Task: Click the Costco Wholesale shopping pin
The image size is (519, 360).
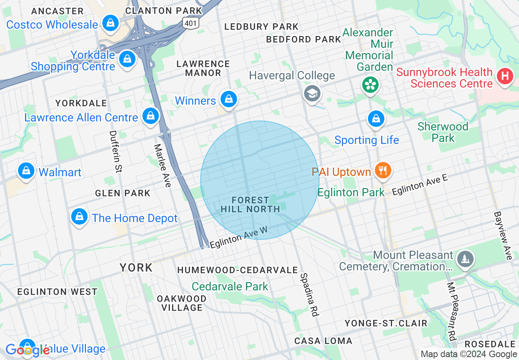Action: pyautogui.click(x=111, y=23)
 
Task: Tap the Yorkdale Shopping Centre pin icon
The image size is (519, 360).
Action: pyautogui.click(x=127, y=59)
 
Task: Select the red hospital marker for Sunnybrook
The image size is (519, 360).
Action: pyautogui.click(x=505, y=76)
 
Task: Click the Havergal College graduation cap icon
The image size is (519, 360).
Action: pyautogui.click(x=312, y=94)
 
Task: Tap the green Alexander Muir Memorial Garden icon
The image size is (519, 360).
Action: pyautogui.click(x=370, y=85)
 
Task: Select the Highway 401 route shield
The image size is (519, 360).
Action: pyautogui.click(x=191, y=23)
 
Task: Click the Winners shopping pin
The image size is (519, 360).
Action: pyautogui.click(x=228, y=99)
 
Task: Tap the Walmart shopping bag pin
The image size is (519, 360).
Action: pyautogui.click(x=26, y=171)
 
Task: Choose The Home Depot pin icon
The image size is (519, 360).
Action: pyautogui.click(x=79, y=217)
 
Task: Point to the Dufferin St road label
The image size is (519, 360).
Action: pyautogui.click(x=116, y=151)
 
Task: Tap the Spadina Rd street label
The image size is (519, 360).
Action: pyautogui.click(x=309, y=295)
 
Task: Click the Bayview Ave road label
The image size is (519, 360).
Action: pyautogui.click(x=503, y=235)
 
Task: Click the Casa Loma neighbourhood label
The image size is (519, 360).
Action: pyautogui.click(x=323, y=341)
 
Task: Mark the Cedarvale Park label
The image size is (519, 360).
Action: pyautogui.click(x=230, y=286)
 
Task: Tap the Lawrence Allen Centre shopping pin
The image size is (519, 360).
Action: pyautogui.click(x=151, y=116)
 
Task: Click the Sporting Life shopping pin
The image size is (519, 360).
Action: pyautogui.click(x=375, y=119)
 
